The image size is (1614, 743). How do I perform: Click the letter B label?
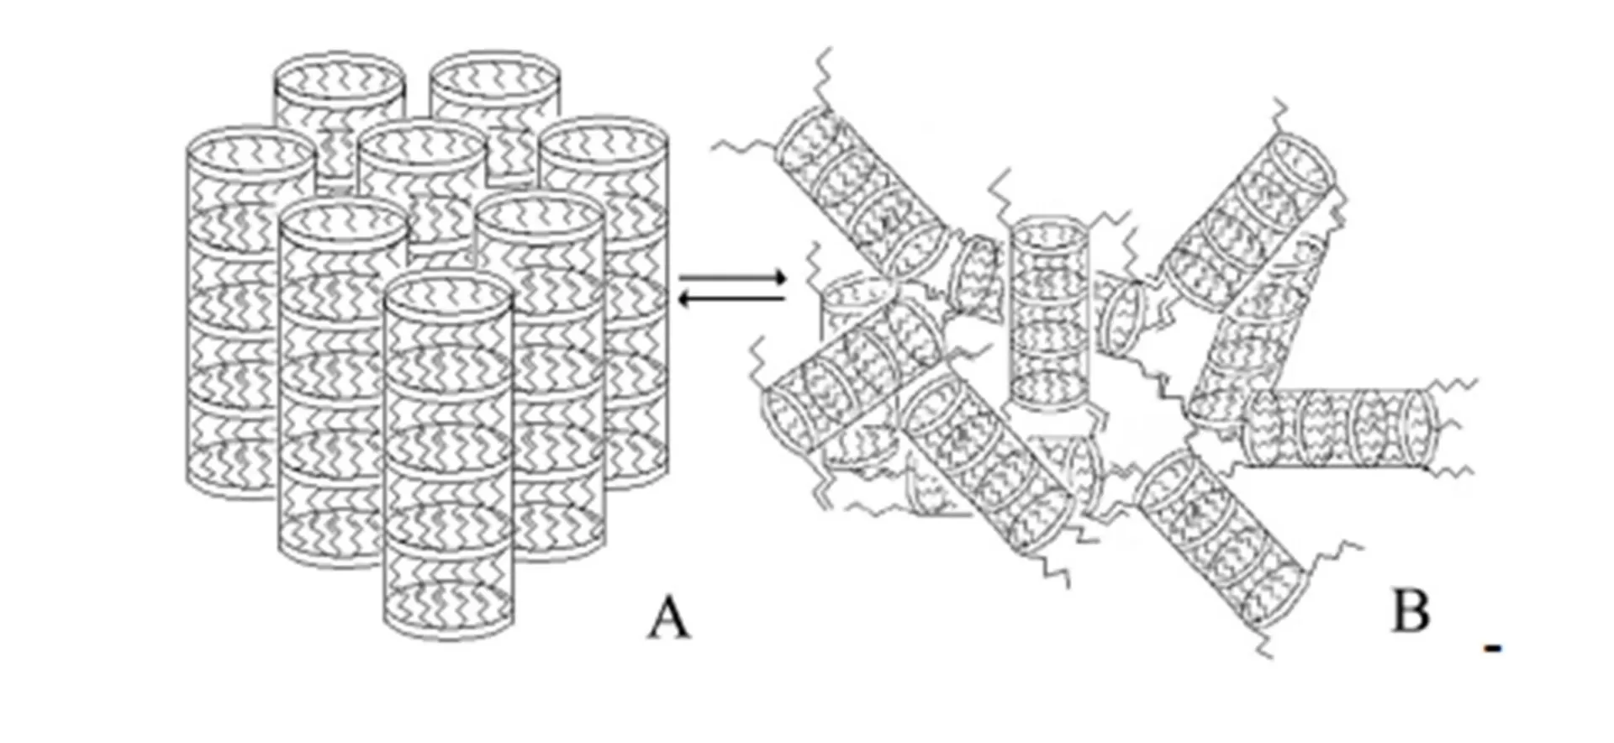[x=1411, y=611]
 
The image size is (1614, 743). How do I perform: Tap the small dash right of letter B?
[x=1493, y=648]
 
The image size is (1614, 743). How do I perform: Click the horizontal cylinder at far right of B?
[x=1341, y=427]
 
